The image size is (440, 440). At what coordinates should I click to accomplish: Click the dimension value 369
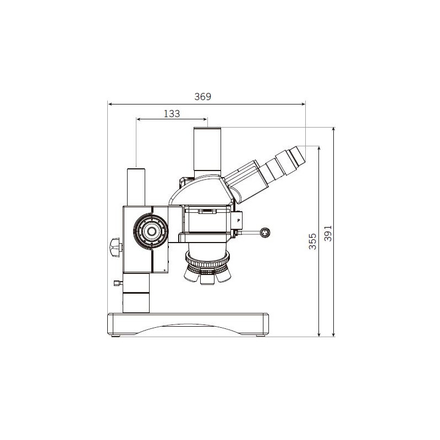click(x=203, y=96)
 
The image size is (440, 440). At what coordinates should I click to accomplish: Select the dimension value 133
click(x=172, y=113)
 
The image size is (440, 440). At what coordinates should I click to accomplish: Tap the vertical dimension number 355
click(x=312, y=241)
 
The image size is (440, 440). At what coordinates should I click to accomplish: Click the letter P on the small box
click(x=238, y=219)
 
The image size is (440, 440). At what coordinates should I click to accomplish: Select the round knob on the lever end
click(x=265, y=233)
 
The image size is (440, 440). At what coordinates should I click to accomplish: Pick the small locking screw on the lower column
click(x=117, y=283)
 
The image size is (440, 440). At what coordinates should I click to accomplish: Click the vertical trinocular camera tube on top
click(x=207, y=151)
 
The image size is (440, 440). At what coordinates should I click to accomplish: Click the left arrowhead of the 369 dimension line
click(x=110, y=103)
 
